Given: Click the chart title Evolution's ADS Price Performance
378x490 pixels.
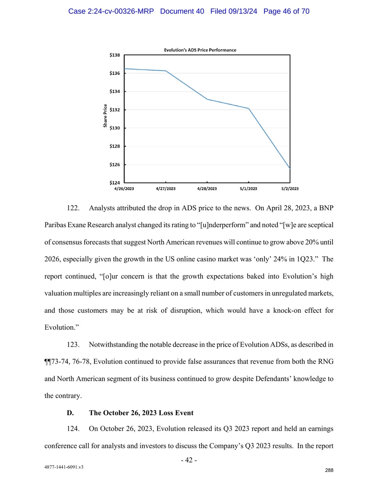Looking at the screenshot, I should (x=200, y=50).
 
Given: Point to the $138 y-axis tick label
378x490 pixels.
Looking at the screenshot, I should (x=115, y=55).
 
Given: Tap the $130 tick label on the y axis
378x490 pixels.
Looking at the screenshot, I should (x=115, y=128).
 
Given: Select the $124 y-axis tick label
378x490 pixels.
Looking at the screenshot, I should (x=115, y=183).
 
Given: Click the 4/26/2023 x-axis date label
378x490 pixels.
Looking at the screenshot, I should (x=124, y=189).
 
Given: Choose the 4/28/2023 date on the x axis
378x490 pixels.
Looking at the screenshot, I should (x=207, y=189).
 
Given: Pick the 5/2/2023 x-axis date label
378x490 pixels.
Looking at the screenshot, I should (x=290, y=189).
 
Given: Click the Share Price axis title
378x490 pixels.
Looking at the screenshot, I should (x=105, y=116).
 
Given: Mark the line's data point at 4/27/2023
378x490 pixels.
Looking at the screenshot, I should (x=166, y=71).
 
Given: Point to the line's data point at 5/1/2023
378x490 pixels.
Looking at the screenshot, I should (x=248, y=108).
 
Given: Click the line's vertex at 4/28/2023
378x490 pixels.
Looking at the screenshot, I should (x=207, y=99).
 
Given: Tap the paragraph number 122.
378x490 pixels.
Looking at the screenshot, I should (x=73, y=208).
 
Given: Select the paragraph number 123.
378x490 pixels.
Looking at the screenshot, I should (x=73, y=345).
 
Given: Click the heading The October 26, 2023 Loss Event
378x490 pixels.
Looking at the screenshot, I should (x=141, y=413).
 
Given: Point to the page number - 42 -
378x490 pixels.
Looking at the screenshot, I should (x=189, y=460).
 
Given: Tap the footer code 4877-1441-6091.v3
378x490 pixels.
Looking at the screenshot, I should (x=64, y=467).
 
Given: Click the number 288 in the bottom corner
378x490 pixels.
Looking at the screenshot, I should (x=329, y=470).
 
